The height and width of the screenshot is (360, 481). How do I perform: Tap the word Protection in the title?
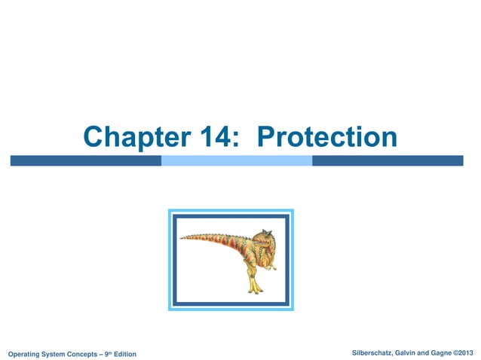[x=327, y=137]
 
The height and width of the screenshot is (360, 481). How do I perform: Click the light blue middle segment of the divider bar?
[x=236, y=160]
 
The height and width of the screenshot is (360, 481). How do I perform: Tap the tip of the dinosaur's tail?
[x=183, y=239]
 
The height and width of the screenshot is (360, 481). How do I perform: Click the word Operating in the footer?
[x=26, y=354]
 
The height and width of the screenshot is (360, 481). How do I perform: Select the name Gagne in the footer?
[x=445, y=352]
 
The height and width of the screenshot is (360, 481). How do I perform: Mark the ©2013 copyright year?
[x=467, y=352]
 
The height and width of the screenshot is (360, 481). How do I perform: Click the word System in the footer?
[x=57, y=354]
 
